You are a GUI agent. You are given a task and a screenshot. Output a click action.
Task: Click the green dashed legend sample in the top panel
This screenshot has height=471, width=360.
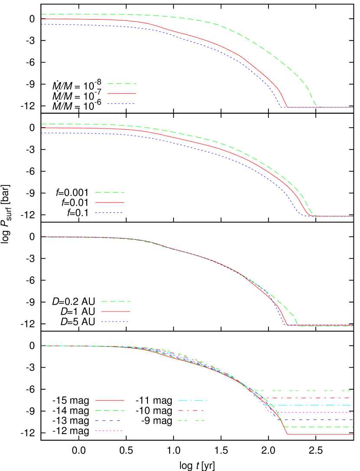pyautogui.click(x=121, y=83)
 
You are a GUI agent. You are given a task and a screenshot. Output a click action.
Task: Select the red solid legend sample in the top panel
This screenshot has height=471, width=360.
pyautogui.click(x=121, y=93)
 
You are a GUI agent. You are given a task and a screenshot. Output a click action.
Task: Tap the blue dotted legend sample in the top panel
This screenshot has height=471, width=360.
pyautogui.click(x=121, y=104)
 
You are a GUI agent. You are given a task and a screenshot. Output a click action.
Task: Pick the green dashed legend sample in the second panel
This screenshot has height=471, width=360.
pyautogui.click(x=110, y=192)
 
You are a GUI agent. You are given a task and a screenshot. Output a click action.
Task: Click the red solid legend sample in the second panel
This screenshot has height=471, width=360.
pyautogui.click(x=110, y=202)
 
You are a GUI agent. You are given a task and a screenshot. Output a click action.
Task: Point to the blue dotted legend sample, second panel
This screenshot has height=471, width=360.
pyautogui.click(x=109, y=213)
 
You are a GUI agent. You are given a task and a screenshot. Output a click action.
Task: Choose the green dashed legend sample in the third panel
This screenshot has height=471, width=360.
pyautogui.click(x=116, y=301)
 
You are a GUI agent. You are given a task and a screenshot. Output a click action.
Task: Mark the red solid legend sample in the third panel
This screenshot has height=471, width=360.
pyautogui.click(x=116, y=311)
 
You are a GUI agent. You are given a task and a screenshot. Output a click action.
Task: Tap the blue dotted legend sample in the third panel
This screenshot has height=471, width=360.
pyautogui.click(x=115, y=322)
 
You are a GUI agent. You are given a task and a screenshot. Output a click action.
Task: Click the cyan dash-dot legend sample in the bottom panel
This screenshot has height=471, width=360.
pyautogui.click(x=193, y=400)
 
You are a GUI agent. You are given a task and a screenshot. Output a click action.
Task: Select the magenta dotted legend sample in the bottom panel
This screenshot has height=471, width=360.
pyautogui.click(x=108, y=431)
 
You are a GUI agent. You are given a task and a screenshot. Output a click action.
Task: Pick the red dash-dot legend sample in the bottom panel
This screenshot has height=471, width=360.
pyautogui.click(x=191, y=410)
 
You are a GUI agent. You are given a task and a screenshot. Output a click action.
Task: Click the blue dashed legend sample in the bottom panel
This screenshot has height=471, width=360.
pyautogui.click(x=108, y=421)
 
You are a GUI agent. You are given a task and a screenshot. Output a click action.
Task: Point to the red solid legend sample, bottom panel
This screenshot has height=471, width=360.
pyautogui.click(x=110, y=400)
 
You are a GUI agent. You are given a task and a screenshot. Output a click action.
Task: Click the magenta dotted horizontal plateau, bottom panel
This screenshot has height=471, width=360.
pyautogui.click(x=317, y=412)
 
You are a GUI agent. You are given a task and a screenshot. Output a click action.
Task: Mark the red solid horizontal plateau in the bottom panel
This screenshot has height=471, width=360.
pyautogui.click(x=321, y=434)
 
